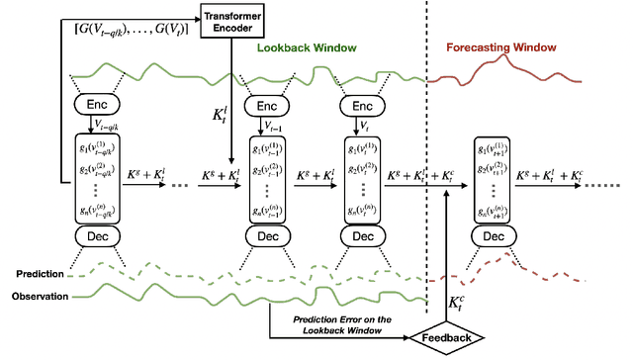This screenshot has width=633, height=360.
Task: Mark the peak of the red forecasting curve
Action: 507,57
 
